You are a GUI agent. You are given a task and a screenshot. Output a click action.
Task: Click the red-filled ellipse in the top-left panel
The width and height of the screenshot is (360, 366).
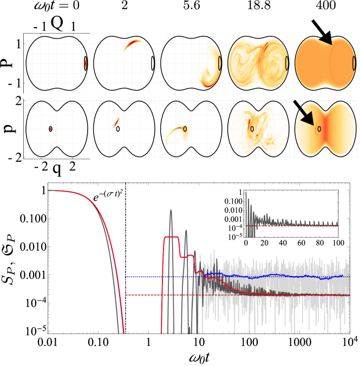tap(86, 63)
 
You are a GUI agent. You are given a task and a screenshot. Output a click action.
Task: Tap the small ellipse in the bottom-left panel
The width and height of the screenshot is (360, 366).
tap(51, 129)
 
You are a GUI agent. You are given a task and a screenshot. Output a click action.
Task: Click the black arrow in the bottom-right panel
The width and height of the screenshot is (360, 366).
tap(304, 112)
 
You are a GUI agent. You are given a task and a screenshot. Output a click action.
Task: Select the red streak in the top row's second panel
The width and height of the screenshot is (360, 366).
tap(132, 44)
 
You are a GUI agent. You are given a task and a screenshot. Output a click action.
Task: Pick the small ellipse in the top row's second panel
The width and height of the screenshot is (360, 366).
tap(153, 63)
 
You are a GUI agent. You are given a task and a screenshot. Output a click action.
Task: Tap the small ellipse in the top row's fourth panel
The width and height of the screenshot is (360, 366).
tap(287, 63)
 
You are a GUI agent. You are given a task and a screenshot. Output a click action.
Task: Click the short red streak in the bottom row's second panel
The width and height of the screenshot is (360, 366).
tap(116, 122)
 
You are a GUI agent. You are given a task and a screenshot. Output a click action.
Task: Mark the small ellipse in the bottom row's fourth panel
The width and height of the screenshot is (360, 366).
tap(252, 129)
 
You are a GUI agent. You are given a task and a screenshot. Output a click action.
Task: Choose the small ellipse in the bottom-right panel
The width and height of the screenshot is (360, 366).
tap(319, 129)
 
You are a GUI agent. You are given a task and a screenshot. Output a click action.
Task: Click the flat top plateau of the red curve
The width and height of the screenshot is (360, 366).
tap(171, 237)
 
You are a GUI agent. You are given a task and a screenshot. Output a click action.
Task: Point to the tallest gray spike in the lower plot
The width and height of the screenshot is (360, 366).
tap(171, 211)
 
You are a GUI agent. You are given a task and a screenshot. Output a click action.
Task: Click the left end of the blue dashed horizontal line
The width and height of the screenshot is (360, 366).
tap(126, 277)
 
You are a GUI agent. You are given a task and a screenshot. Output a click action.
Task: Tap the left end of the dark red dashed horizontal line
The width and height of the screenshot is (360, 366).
tap(126, 295)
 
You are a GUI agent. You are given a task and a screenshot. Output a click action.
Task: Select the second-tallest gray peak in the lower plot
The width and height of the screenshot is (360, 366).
tap(186, 231)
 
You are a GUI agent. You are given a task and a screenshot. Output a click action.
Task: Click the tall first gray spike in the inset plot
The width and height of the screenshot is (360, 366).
tap(246, 194)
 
